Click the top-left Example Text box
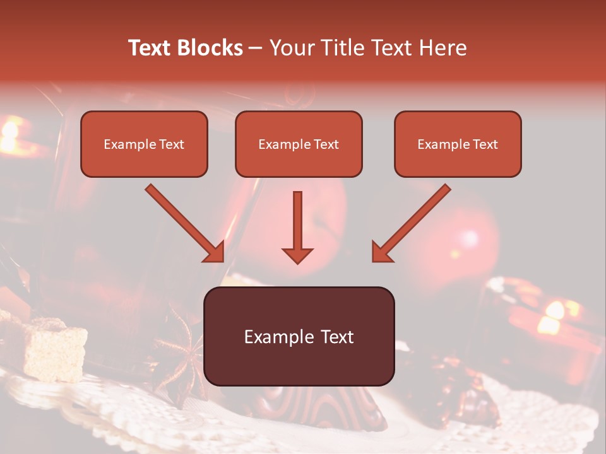click(x=144, y=144)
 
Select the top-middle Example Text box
click(x=299, y=144)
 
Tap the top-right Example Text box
click(x=458, y=144)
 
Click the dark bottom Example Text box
click(x=299, y=336)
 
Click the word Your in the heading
click(x=291, y=48)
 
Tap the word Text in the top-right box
click(x=485, y=144)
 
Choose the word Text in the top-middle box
click(x=326, y=144)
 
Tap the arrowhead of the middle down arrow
click(x=297, y=255)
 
